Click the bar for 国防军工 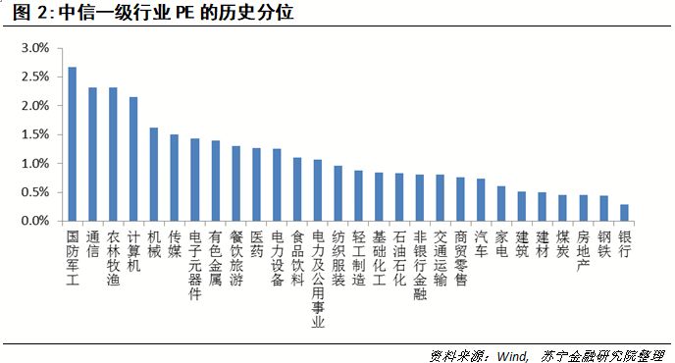tap(72, 144)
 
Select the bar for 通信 tap(92, 154)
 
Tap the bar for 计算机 tap(133, 159)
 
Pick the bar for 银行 tap(625, 213)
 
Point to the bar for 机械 tap(154, 175)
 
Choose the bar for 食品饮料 tap(297, 189)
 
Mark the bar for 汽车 tap(481, 200)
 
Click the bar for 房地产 tap(584, 208)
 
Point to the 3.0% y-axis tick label tap(34, 47)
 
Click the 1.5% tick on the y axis tap(34, 134)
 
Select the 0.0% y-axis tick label tap(34, 222)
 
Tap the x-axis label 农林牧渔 tap(113, 258)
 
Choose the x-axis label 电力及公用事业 tap(318, 279)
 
